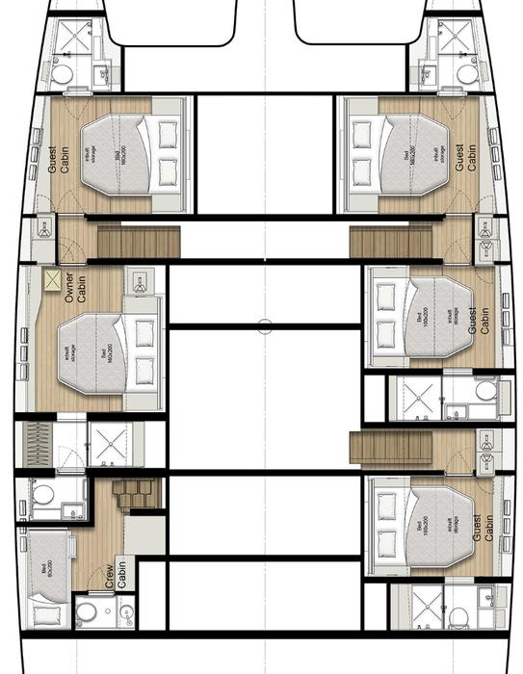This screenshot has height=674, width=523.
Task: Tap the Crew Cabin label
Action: tap(116, 576)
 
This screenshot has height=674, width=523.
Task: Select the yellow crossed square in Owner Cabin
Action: tap(51, 281)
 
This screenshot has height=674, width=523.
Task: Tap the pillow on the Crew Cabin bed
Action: tap(43, 609)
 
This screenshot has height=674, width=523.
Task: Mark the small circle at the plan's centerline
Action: tap(265, 326)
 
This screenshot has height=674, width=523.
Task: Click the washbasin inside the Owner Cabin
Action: tap(140, 282)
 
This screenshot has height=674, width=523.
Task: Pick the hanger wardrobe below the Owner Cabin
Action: tap(39, 444)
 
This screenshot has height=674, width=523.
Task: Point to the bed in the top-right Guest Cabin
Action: tap(400, 154)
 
